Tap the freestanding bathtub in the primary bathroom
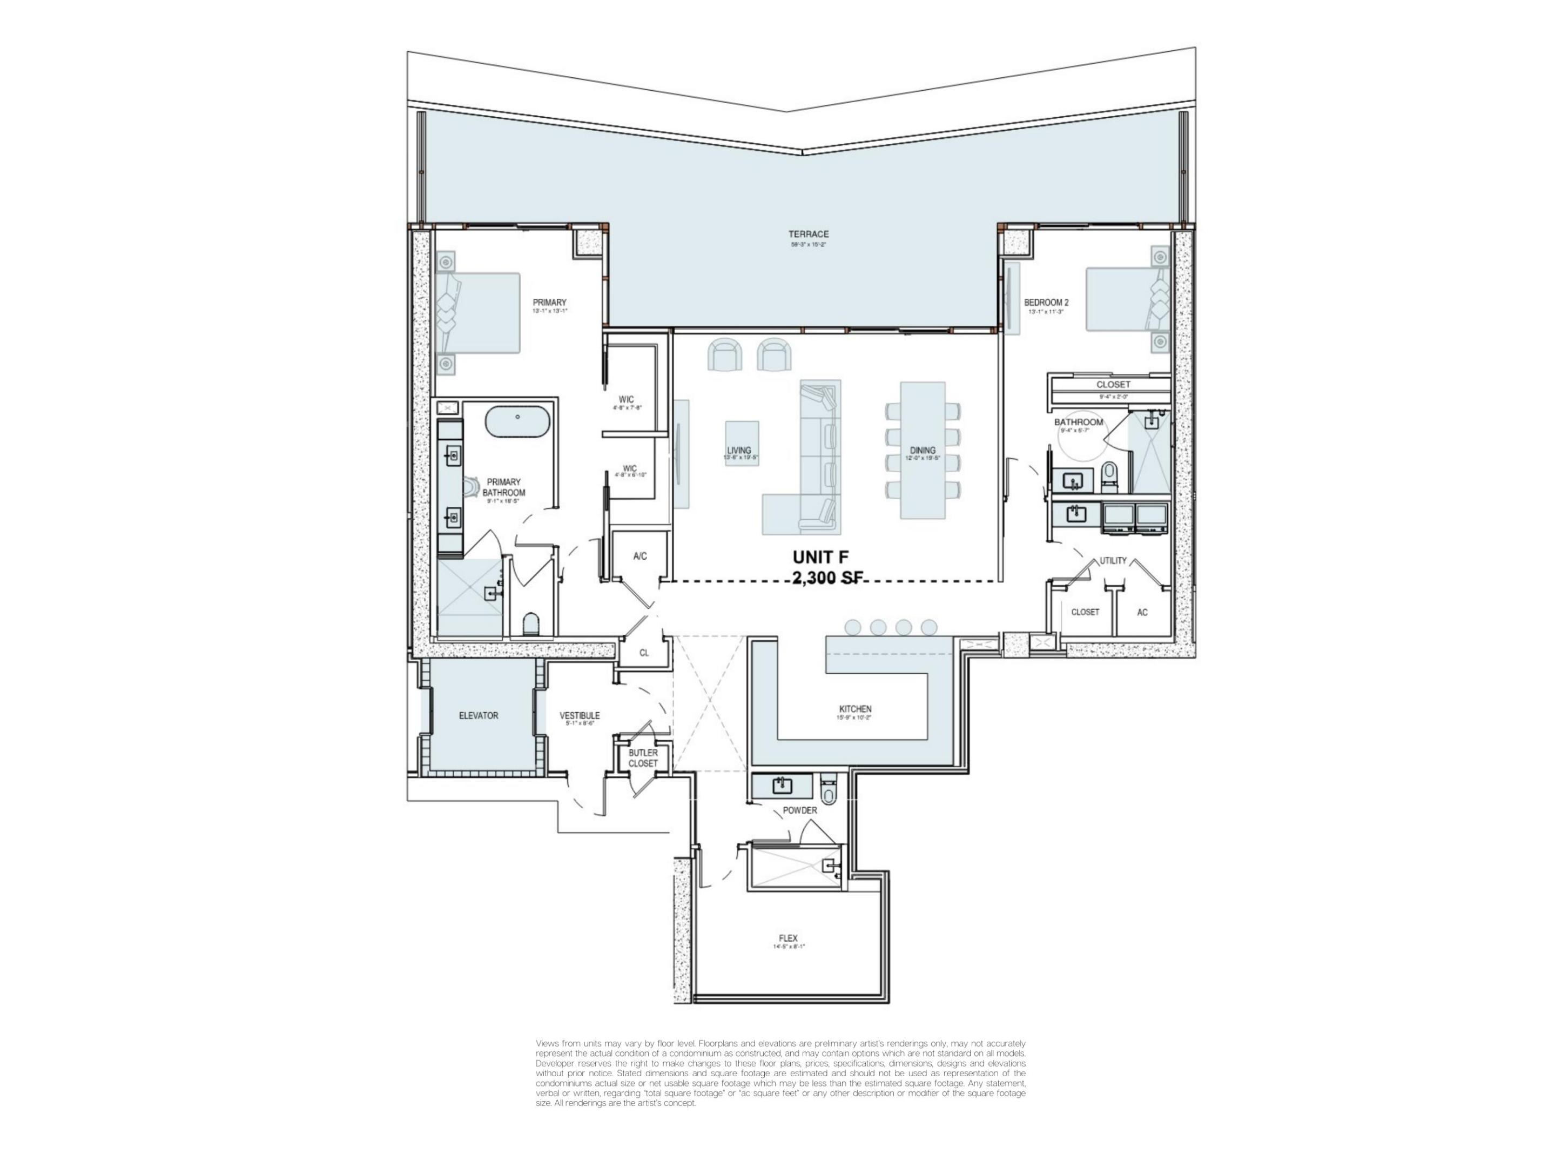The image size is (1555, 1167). (x=517, y=421)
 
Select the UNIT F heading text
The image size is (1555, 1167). (x=820, y=557)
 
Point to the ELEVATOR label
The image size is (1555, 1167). (x=478, y=716)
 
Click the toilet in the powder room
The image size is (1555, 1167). (x=829, y=794)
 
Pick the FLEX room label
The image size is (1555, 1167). (x=788, y=938)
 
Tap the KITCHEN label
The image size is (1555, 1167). (x=855, y=709)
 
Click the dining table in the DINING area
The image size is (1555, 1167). (x=923, y=450)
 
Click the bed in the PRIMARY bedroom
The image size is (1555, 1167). (x=478, y=313)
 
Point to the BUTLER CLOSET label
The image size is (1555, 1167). (x=643, y=758)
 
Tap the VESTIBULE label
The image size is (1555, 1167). (x=579, y=716)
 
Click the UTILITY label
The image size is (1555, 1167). (x=1113, y=560)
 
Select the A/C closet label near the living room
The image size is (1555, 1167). (x=639, y=556)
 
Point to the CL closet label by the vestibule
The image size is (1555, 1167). (x=644, y=653)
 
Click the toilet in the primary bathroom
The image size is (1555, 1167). (x=531, y=623)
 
